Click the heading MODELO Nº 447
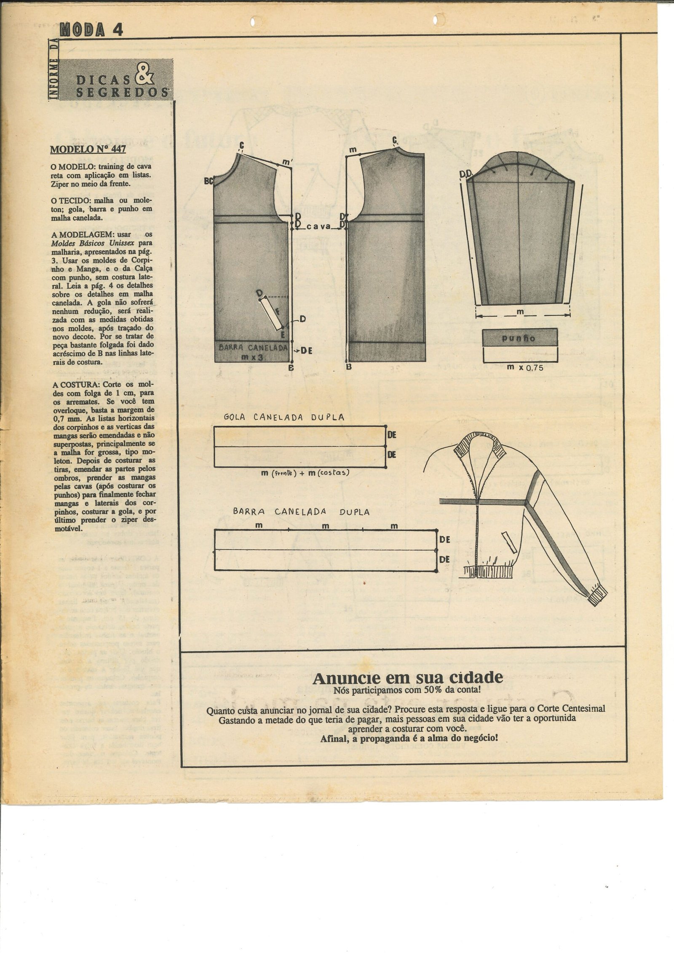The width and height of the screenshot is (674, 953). tap(88, 149)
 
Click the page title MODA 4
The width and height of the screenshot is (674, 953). tap(91, 29)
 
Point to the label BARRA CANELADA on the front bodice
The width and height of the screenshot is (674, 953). tap(253, 348)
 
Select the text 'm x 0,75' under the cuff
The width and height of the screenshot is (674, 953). tap(525, 367)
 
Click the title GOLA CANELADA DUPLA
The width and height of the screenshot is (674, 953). tap(284, 418)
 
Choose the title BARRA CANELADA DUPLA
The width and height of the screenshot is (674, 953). tap(301, 512)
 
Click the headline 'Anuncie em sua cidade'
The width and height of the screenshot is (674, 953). tap(407, 678)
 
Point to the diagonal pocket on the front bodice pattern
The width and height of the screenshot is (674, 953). tap(271, 313)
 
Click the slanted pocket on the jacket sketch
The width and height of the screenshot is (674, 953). tap(510, 542)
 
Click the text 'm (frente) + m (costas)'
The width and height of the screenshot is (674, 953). tap(305, 473)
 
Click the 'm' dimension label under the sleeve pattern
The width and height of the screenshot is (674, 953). tap(520, 312)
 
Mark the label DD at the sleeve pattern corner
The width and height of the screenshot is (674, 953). tap(466, 174)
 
